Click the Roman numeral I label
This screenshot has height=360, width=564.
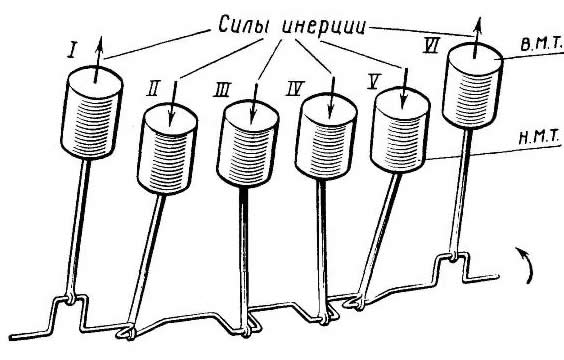[73, 50]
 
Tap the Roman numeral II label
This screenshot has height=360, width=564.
[153, 88]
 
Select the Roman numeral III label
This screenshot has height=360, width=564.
[222, 90]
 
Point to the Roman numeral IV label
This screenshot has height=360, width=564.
[295, 88]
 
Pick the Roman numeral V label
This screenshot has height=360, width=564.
[374, 82]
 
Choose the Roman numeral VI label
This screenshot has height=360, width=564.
[432, 45]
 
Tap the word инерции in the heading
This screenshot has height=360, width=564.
[324, 26]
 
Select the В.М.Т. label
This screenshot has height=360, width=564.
[541, 44]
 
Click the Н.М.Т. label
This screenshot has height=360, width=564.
[540, 138]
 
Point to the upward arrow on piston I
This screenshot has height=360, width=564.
[98, 59]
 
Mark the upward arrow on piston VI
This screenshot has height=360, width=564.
[477, 37]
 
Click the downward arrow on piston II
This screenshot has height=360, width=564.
[173, 104]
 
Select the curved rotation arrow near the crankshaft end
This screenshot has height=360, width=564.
[526, 264]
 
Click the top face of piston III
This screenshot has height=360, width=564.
[251, 114]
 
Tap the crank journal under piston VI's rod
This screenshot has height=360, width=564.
[453, 256]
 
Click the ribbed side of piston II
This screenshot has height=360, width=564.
[167, 161]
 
